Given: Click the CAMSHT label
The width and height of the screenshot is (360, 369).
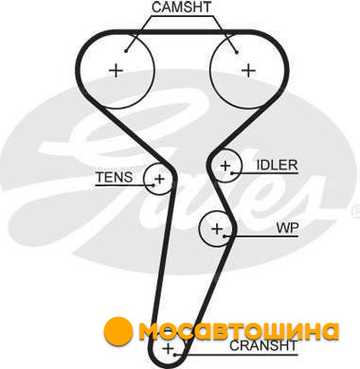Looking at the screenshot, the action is (181, 8).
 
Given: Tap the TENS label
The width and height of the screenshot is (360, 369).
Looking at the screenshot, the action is (115, 177).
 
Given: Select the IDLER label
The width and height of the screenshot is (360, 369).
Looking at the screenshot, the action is (277, 165).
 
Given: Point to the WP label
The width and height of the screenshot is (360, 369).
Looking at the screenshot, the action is (287, 228).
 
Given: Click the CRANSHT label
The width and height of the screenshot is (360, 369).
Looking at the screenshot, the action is (263, 345).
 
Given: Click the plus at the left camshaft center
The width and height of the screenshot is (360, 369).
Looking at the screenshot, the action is (116, 70).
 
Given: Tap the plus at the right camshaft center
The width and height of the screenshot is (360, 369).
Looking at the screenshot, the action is (248, 70).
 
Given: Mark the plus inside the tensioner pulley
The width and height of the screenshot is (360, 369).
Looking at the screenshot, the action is (160, 179).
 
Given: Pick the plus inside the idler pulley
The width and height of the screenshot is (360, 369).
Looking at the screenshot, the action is (225, 166).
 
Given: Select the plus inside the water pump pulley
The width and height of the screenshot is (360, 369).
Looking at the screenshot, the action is (217, 228).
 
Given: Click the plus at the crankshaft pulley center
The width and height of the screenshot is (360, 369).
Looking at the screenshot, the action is (168, 349).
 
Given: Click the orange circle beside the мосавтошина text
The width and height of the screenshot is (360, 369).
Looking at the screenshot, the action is (117, 330).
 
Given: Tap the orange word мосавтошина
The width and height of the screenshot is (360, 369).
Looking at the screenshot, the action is (239, 331).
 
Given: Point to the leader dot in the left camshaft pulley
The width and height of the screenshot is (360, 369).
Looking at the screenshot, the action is (126, 51).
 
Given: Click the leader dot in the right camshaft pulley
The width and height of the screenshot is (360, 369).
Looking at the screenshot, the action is (237, 52).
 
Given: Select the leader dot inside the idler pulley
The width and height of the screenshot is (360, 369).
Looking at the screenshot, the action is (232, 173).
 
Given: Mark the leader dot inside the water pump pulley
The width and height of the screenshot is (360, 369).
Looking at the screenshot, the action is (224, 236).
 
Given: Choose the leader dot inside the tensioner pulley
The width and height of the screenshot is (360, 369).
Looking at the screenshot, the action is (153, 185).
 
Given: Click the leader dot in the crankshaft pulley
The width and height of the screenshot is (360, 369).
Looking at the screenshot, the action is (175, 355).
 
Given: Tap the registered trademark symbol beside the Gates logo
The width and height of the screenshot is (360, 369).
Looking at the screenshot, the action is (356, 208).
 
